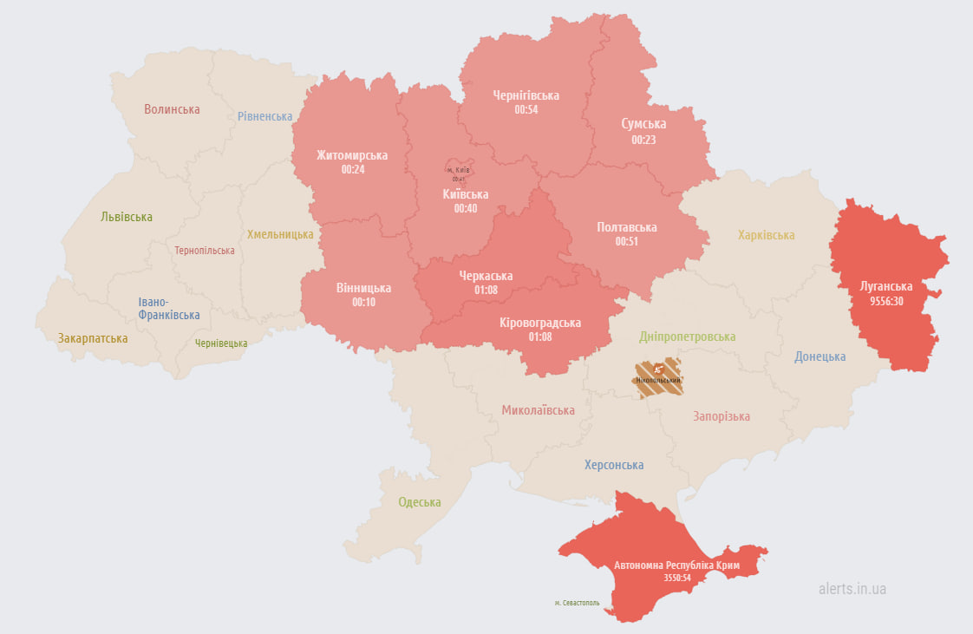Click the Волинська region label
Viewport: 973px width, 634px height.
coord(172,109)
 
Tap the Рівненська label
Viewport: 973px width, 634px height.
coord(265,116)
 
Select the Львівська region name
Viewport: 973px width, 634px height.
coord(127,217)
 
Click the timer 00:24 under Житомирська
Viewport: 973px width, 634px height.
coord(352,170)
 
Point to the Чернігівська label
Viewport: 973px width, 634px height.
coord(526,95)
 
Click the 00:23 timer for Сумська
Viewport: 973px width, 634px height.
coord(643,140)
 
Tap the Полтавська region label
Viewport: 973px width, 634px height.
coord(626,227)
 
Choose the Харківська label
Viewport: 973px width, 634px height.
coord(766,235)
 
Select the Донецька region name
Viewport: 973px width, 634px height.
coord(820,356)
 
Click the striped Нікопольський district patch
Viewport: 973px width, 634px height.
coord(658,379)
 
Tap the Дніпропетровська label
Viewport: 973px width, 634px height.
coord(687,337)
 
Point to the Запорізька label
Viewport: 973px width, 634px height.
coord(721,416)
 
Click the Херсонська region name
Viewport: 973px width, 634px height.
coord(613,465)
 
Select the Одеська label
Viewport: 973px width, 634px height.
coord(419,502)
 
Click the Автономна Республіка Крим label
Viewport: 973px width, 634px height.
coord(676,565)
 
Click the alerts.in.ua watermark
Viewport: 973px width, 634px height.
coord(852,589)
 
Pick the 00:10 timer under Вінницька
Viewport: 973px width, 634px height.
coord(363,303)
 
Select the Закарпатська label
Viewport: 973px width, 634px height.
coord(93,338)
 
